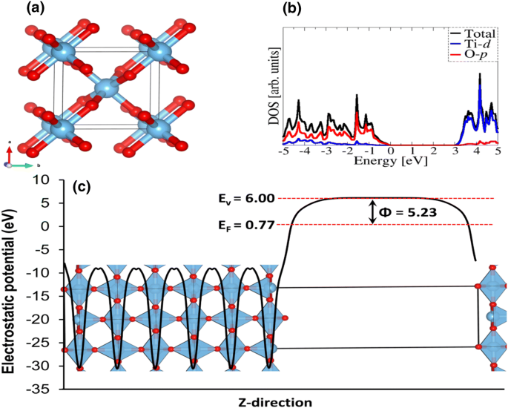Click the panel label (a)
pyautogui.click(x=19, y=10)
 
